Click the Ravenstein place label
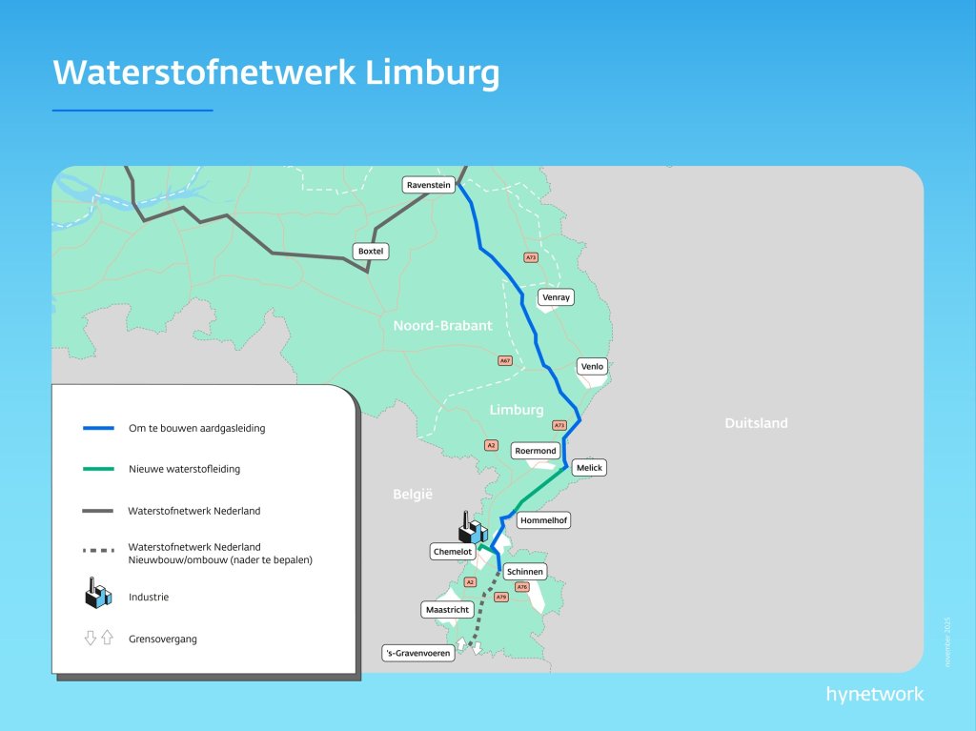click(428, 185)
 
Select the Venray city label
click(556, 297)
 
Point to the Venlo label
click(592, 366)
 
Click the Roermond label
click(535, 450)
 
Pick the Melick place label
click(590, 468)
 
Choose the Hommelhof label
click(543, 521)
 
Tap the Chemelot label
click(453, 552)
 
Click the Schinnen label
click(525, 572)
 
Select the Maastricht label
click(447, 608)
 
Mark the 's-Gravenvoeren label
click(417, 654)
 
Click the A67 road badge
click(505, 361)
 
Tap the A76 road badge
click(521, 587)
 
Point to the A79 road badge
click(501, 598)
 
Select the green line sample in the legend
click(98, 469)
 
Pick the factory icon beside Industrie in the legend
click(98, 595)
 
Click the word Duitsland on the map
click(756, 423)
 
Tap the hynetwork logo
click(874, 694)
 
